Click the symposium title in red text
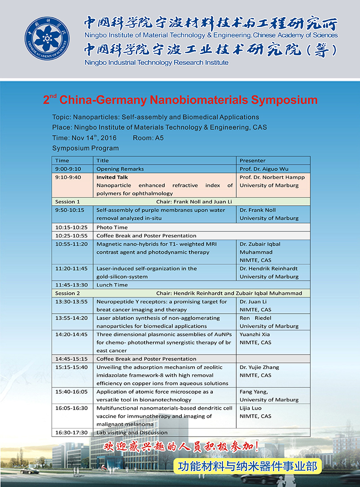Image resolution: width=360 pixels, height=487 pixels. pos(180,100)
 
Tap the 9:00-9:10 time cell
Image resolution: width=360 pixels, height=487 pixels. pos(66,169)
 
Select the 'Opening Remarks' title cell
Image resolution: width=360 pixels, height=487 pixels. pos(120,169)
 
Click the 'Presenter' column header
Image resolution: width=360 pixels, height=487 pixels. pos(252,161)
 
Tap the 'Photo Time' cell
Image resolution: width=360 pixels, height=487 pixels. pos(112,227)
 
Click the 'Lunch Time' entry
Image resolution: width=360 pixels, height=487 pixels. pos(112,285)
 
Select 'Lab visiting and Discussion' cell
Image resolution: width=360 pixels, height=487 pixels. pos(132,433)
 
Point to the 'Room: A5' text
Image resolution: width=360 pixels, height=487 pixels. pos(148,138)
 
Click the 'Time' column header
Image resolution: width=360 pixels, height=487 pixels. pos(62,161)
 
